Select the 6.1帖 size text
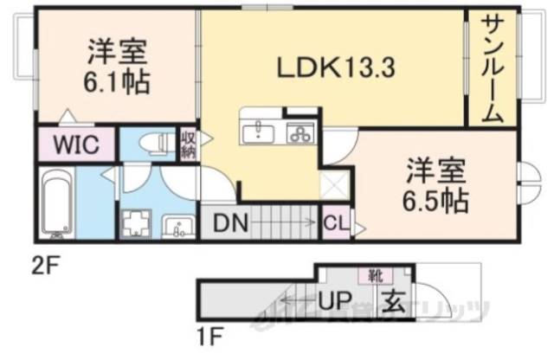click(x=117, y=82)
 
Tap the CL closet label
click(x=336, y=224)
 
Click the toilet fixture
click(x=159, y=142)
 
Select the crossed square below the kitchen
click(x=333, y=185)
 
